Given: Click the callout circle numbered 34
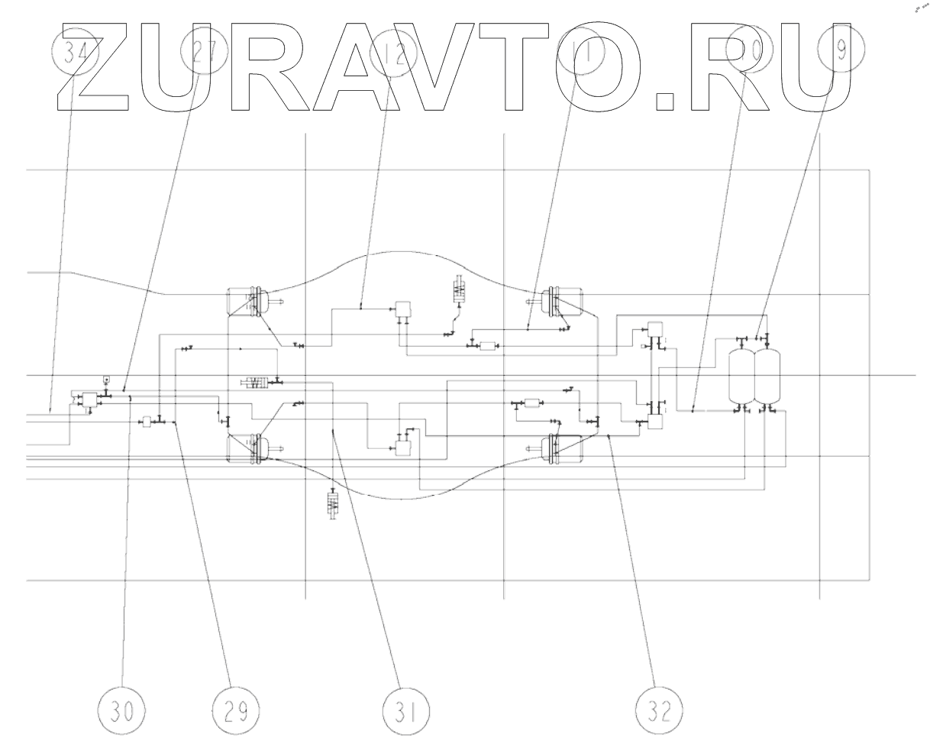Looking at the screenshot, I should (76, 55).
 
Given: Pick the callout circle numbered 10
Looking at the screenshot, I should (748, 50).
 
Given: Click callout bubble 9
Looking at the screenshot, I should (841, 50).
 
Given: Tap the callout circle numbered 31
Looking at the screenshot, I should (405, 711).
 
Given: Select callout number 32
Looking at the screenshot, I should (659, 711).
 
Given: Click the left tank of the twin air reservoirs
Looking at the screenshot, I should (741, 375).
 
